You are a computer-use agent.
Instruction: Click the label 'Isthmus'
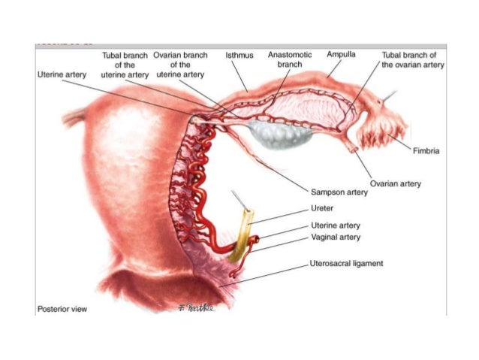click(239, 56)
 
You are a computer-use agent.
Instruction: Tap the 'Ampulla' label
click(342, 55)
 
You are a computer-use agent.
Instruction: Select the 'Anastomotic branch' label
click(289, 60)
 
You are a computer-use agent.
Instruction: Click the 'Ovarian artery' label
click(396, 183)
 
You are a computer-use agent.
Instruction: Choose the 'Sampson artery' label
click(339, 192)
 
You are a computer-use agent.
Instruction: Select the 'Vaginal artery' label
click(335, 237)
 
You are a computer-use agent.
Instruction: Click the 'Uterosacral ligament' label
click(347, 265)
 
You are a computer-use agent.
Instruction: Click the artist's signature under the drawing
click(196, 307)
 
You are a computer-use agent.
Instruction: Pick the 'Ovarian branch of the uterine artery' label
click(180, 65)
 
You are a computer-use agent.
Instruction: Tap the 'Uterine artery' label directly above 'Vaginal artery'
click(335, 225)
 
